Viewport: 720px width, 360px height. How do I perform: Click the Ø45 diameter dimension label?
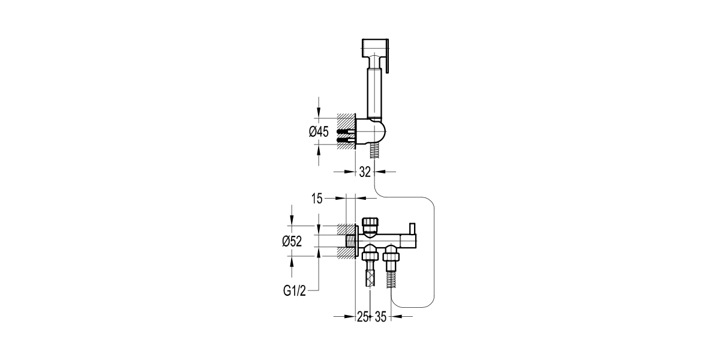point(319,133)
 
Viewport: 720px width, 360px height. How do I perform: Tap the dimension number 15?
point(317,198)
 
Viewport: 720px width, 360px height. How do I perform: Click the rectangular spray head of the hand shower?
point(374,47)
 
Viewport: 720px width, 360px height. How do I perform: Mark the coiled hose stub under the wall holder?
point(376,151)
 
